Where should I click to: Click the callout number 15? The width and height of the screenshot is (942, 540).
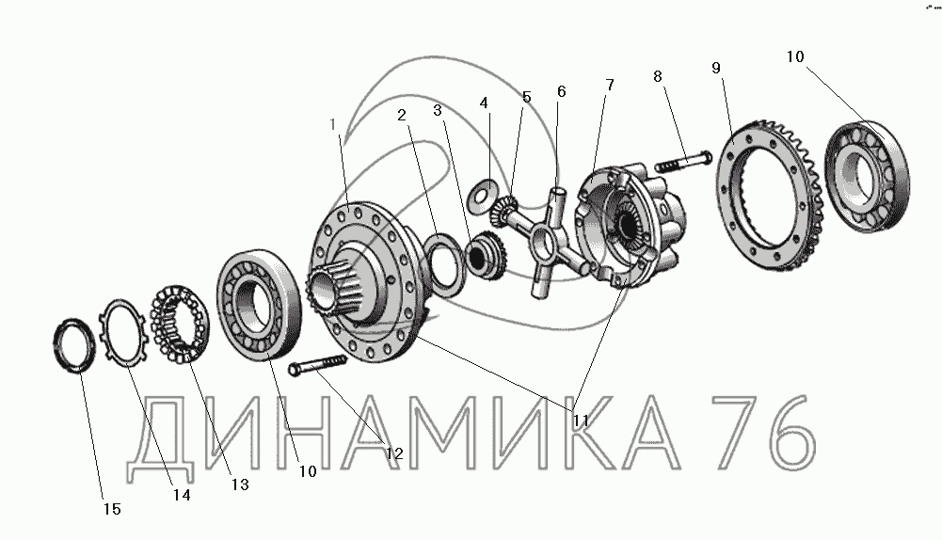tap(112, 509)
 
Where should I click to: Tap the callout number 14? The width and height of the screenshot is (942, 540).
tap(182, 495)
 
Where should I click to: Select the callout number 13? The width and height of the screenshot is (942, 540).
tap(240, 484)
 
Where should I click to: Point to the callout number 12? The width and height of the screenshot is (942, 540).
tap(394, 454)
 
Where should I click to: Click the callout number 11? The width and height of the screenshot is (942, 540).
tap(581, 421)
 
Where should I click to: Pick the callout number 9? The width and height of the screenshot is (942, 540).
tap(715, 68)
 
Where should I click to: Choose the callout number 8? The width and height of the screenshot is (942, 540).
tap(657, 76)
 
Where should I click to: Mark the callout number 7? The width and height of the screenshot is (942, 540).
tap(610, 85)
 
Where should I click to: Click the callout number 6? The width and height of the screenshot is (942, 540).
tap(561, 91)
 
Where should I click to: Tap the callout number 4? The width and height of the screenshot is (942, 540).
tap(484, 103)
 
